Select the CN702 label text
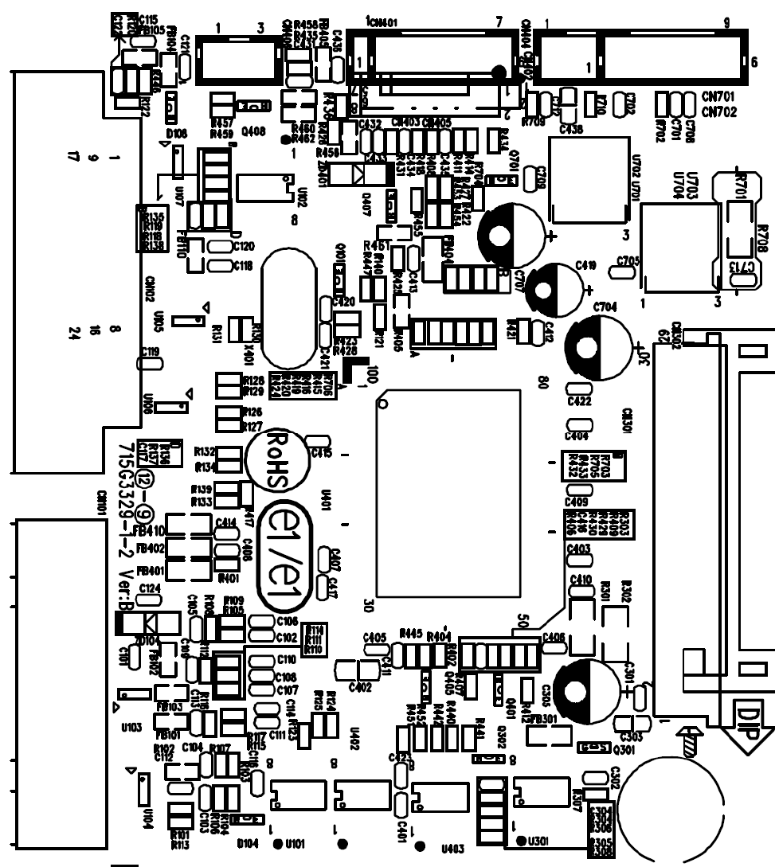720,112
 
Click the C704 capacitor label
605,306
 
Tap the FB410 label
149,531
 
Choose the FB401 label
150,571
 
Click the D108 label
176,134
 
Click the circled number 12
144,480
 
